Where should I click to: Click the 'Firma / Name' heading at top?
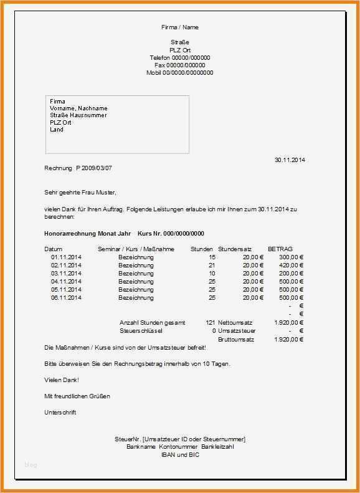click(179, 27)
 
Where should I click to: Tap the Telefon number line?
click(179, 57)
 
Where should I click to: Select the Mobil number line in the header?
click(179, 72)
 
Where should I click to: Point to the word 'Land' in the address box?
click(57, 130)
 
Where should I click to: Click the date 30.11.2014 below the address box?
click(290, 160)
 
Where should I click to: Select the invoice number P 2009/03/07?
click(94, 168)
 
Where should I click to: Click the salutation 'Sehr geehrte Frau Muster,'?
click(80, 192)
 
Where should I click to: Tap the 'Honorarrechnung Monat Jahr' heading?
click(88, 233)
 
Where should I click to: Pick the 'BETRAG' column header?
click(280, 249)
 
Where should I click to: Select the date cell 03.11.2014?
click(66, 273)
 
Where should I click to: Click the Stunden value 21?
click(212, 265)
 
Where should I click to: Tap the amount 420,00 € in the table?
click(291, 265)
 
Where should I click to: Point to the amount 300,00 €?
click(291, 257)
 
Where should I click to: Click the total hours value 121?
click(210, 323)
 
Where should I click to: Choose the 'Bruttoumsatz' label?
click(236, 339)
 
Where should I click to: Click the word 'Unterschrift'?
click(60, 413)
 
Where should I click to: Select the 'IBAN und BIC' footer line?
click(179, 454)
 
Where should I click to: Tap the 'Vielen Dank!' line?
click(62, 380)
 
